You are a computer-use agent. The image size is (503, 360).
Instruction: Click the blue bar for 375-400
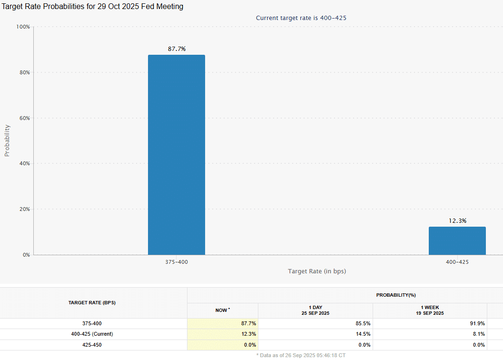pos(176,155)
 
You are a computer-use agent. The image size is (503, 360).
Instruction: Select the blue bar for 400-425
pos(457,240)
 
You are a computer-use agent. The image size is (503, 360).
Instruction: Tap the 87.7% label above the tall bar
pos(177,49)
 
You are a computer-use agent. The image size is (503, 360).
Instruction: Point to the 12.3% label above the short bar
pos(457,221)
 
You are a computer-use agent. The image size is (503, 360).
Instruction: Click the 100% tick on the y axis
pos(23,27)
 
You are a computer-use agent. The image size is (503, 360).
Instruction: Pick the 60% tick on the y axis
pos(24,118)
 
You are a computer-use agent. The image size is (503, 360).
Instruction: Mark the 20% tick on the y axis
pos(24,209)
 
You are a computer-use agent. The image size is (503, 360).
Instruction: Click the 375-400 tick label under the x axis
pos(177,262)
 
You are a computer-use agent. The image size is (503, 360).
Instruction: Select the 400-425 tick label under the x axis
pos(457,262)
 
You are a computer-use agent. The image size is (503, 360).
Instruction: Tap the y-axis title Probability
pos(7,140)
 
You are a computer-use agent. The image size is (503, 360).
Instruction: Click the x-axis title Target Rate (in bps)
pos(316,271)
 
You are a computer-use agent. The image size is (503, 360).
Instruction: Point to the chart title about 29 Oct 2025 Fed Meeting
pos(93,7)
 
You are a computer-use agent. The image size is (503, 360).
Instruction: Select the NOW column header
pos(222,310)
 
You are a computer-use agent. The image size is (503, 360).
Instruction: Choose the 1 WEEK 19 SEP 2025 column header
pos(429,310)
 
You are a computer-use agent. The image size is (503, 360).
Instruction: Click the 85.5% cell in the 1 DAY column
pos(363,323)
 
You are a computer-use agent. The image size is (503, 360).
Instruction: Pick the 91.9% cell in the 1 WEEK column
pos(477,323)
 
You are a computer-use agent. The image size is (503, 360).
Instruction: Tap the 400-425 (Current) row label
pos(92,334)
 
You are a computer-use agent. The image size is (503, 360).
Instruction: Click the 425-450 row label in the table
pos(92,345)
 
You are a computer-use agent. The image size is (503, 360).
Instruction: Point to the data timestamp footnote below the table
pos(301,355)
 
